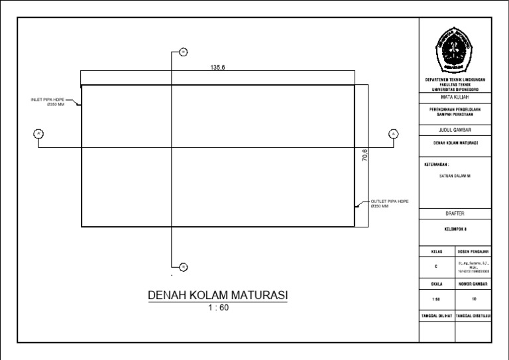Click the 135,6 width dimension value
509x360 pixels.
tap(217, 67)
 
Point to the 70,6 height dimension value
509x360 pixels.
tap(365, 156)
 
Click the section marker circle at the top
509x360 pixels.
tap(184, 52)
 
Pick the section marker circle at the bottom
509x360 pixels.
tap(184, 267)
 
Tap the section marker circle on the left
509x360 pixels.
tap(38, 135)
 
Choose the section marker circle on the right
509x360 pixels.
tap(394, 135)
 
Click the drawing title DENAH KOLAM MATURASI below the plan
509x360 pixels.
tap(217, 295)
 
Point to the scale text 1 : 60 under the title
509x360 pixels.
tap(217, 307)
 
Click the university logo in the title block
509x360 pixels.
tap(455, 51)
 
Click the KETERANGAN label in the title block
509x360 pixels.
tap(436, 163)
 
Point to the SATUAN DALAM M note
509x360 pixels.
tap(455, 176)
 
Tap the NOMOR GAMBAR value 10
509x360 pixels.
tap(473, 299)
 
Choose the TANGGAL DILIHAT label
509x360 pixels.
tap(437, 316)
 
